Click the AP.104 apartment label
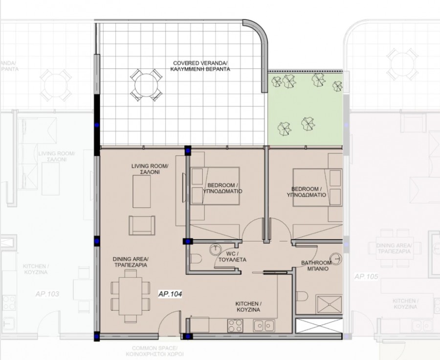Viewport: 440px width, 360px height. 170,295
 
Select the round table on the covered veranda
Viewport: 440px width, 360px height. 146,84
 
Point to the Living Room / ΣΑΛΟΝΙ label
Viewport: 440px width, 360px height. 150,169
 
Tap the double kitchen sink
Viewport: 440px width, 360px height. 264,324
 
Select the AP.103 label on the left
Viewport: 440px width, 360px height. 47,294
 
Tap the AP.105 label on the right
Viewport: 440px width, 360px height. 366,277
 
